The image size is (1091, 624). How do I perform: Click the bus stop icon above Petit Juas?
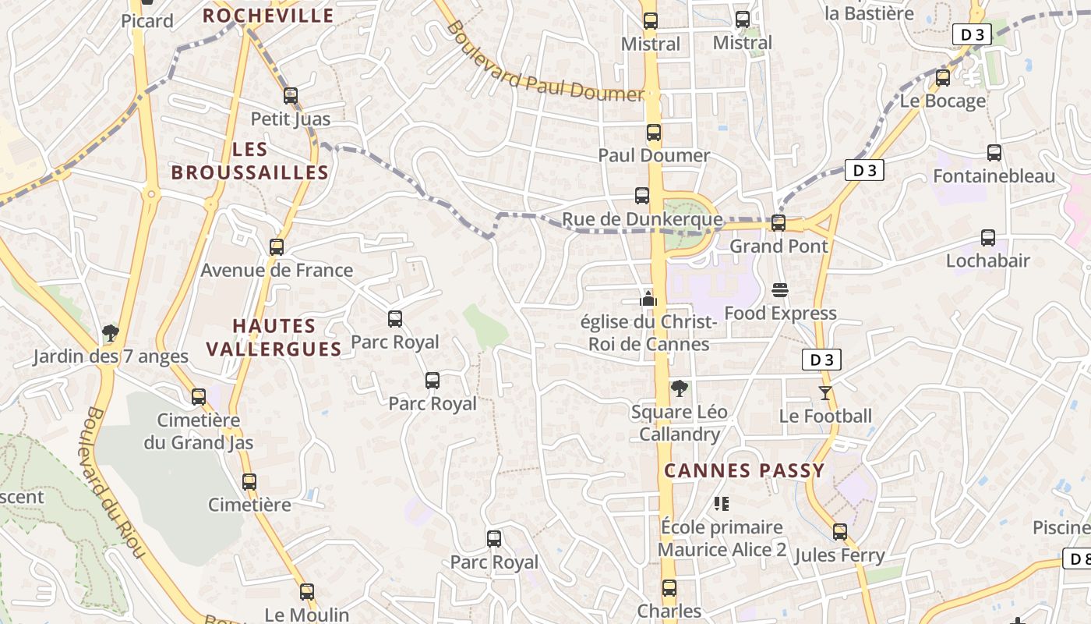291,96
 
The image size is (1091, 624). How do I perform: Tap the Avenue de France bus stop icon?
277,247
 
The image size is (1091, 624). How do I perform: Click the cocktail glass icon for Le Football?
825,392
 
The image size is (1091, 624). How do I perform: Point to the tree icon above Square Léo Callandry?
680,388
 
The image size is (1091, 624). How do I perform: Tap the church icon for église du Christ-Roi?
648,298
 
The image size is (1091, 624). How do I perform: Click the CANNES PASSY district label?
743,470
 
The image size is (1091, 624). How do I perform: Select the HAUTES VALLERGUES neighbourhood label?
275,337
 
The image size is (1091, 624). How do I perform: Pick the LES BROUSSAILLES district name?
250,161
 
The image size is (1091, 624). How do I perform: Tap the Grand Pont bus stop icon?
779,223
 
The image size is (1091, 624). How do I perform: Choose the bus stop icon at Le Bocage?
943,78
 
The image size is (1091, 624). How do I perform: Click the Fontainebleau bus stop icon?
994,153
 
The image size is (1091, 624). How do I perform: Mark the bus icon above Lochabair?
988,238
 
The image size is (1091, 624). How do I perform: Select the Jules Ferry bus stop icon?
840,532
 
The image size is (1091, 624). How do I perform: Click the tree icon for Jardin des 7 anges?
111,334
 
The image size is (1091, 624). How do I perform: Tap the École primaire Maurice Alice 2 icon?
722,504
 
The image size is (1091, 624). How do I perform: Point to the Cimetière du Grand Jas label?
199,431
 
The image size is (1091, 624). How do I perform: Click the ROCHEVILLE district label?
268,16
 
